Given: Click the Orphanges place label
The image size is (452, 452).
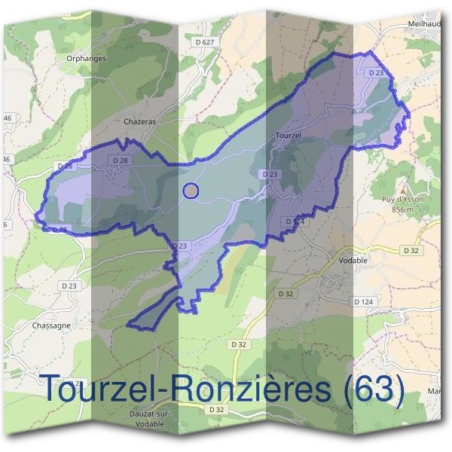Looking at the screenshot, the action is tap(86, 58).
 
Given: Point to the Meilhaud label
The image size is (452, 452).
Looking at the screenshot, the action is tap(423, 23).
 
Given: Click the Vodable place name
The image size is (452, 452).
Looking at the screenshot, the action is tap(349, 260).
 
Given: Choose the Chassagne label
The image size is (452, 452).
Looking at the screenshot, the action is tap(52, 325).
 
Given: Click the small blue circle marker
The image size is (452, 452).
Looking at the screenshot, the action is tap(191, 191).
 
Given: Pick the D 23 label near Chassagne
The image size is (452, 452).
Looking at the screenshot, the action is tap(69, 286).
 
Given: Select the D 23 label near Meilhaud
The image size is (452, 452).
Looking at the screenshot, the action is tap(377, 72).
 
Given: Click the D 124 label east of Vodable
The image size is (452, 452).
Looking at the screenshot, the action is tap(365, 301).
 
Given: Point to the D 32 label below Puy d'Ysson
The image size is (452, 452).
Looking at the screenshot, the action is tap(411, 250).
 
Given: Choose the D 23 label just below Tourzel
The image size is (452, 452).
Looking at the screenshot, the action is tap(270, 174).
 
